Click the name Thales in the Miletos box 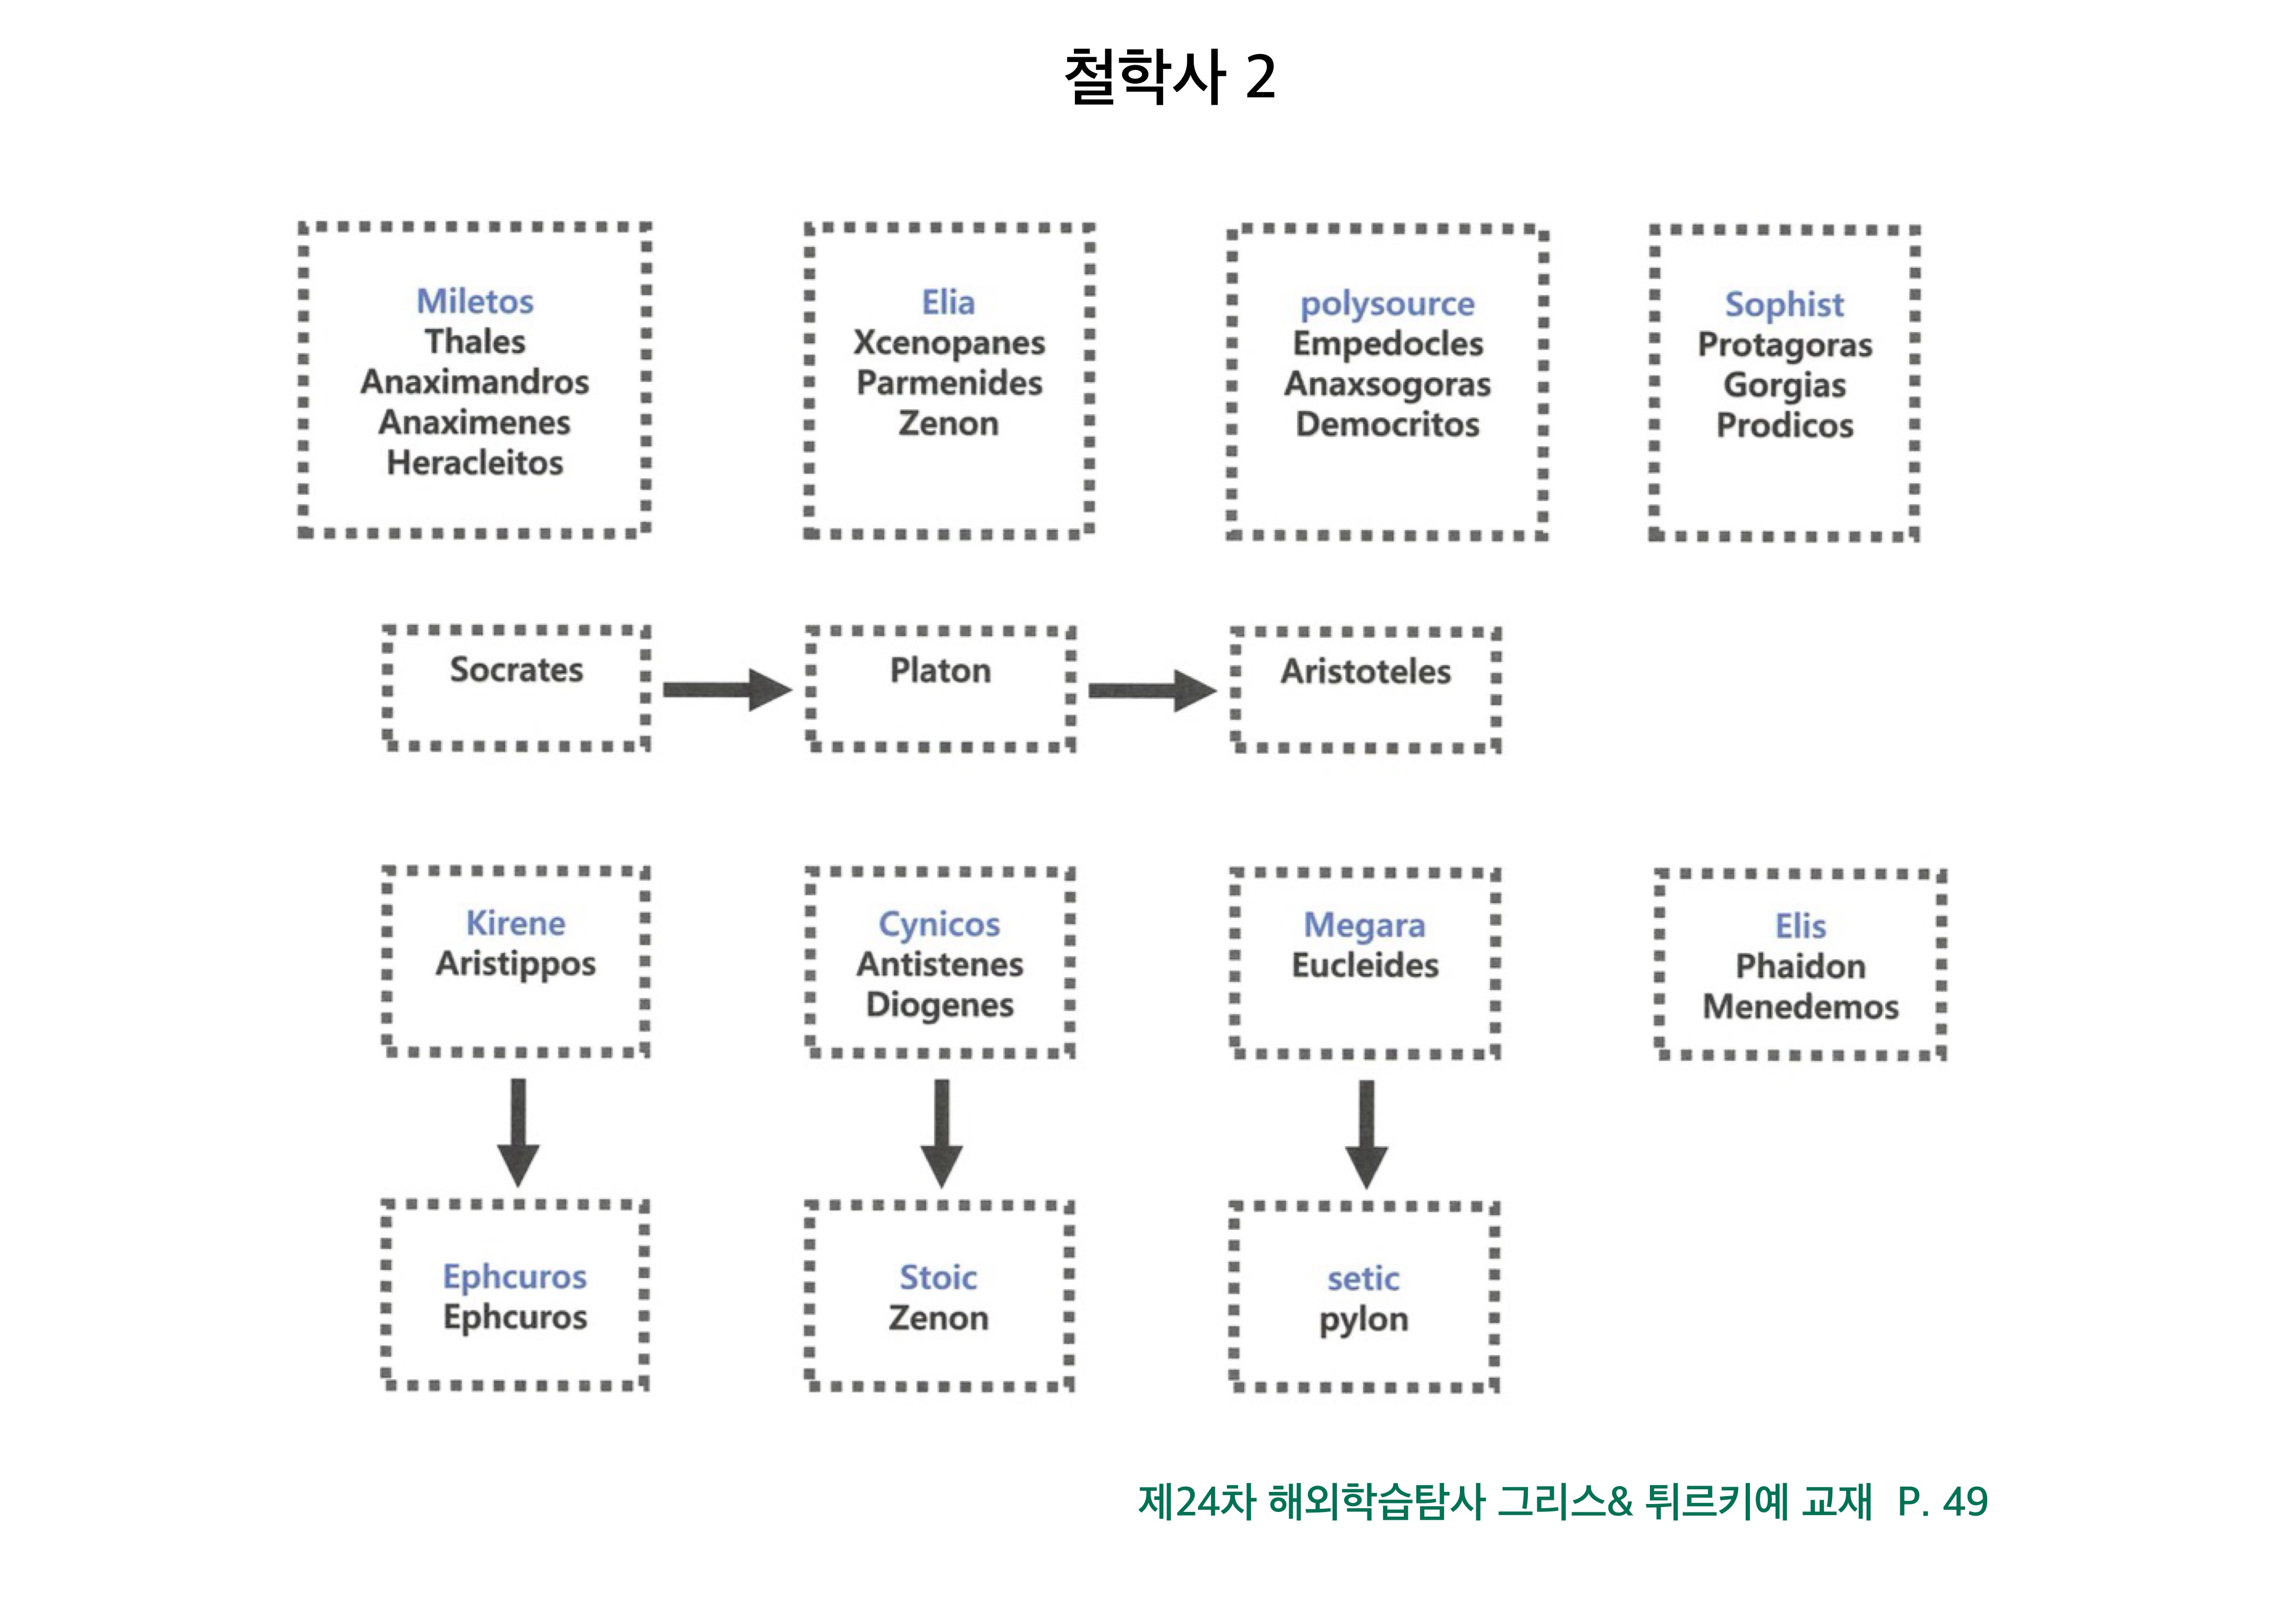pyautogui.click(x=475, y=342)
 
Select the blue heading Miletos pyautogui.click(x=475, y=301)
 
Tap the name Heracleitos pyautogui.click(x=475, y=463)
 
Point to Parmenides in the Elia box pyautogui.click(x=949, y=383)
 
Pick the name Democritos pyautogui.click(x=1387, y=424)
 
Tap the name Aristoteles pyautogui.click(x=1365, y=671)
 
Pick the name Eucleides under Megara pyautogui.click(x=1365, y=965)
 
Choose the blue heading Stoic pyautogui.click(x=938, y=1277)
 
